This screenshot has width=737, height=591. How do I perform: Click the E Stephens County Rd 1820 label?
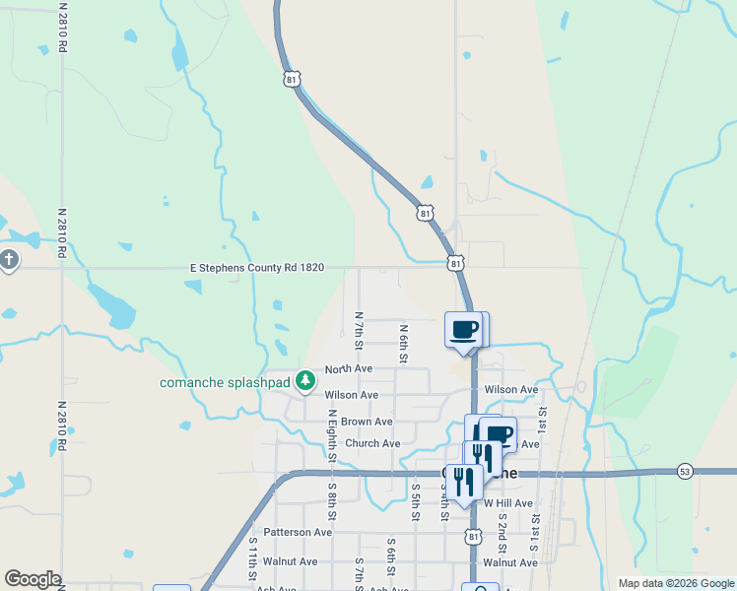tap(256, 267)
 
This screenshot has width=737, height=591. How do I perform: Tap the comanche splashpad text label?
tap(226, 381)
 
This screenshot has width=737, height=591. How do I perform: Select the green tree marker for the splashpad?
tap(306, 379)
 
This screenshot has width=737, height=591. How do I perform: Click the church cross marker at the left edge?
tap(9, 261)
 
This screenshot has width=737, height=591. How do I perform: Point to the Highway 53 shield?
tap(685, 472)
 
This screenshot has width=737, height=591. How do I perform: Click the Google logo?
tap(33, 579)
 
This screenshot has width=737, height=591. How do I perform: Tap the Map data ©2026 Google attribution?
tap(675, 583)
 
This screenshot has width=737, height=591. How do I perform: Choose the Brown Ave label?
tap(367, 422)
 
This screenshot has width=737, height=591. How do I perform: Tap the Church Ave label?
tap(372, 443)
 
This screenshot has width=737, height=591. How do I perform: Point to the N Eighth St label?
tap(332, 438)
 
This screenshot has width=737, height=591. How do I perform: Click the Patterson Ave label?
tap(298, 532)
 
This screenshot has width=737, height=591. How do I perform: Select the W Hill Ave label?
tap(507, 502)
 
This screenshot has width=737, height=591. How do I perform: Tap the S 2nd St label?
tap(502, 531)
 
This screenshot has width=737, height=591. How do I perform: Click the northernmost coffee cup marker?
tap(463, 331)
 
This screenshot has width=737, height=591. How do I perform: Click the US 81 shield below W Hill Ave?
tap(474, 536)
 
